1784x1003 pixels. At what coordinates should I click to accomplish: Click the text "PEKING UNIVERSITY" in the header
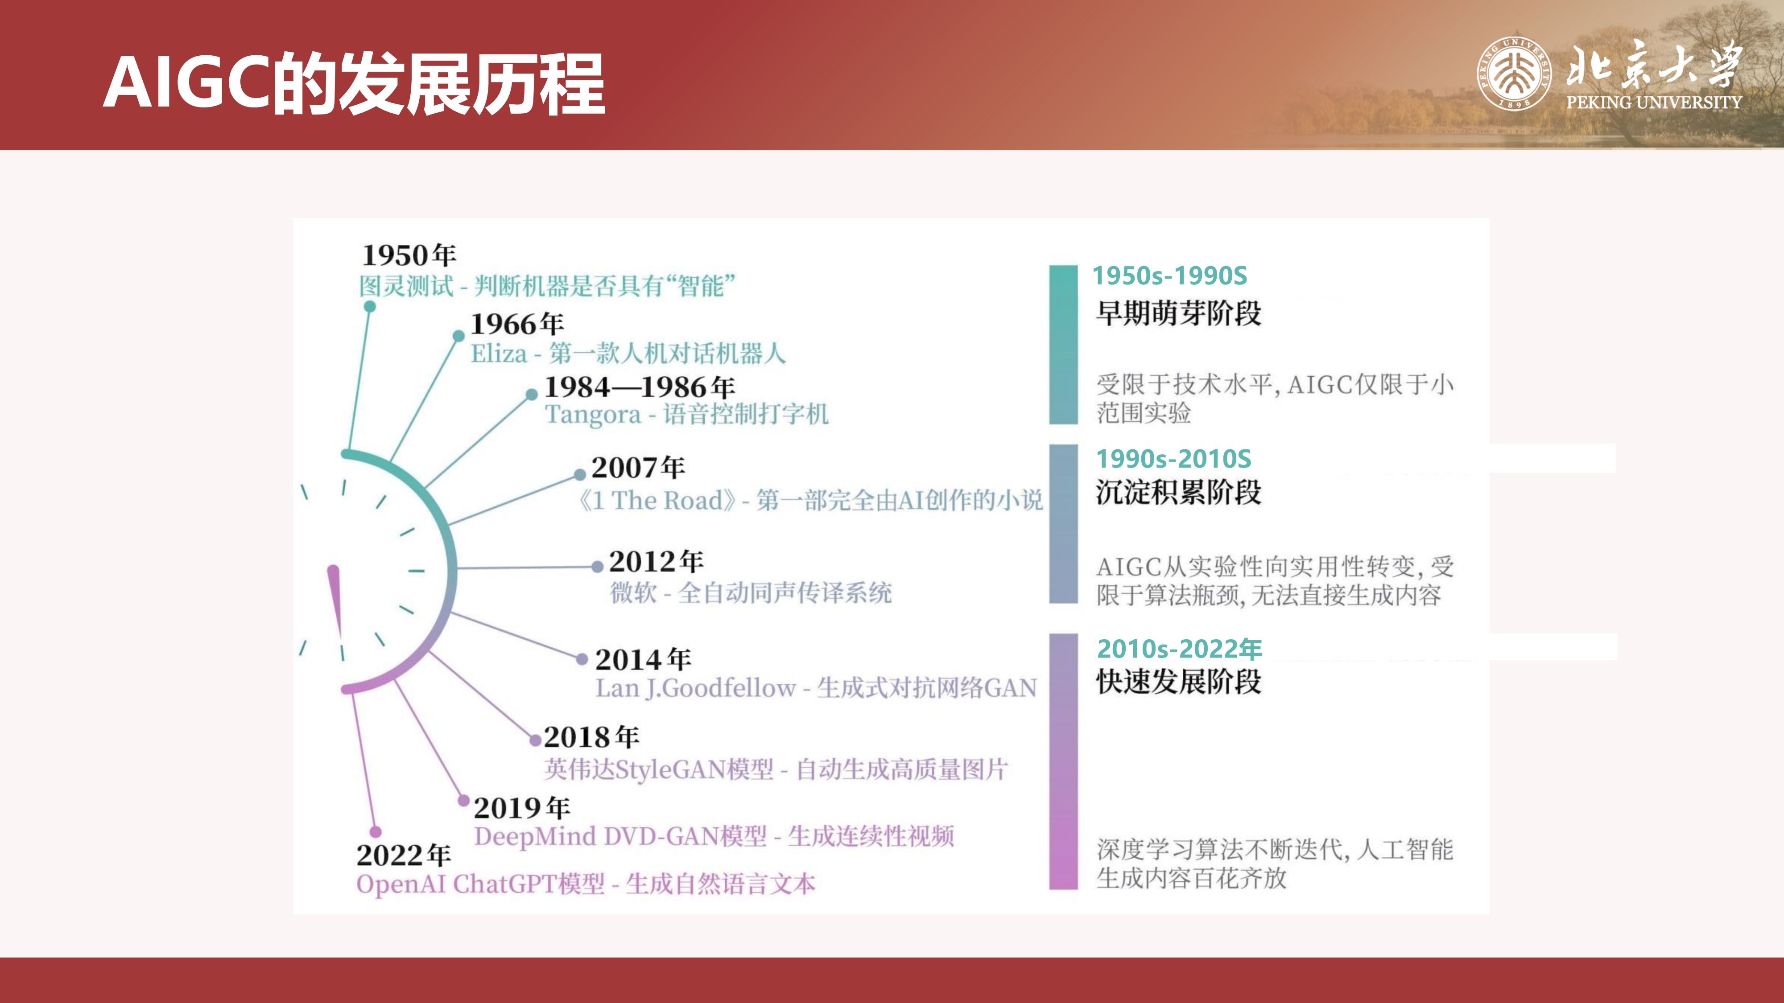1654,103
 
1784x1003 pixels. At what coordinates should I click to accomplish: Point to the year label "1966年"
517,323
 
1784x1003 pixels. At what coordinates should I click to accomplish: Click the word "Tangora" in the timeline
593,415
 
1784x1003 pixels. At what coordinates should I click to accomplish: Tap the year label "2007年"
638,467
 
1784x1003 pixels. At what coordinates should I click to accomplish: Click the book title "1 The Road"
657,500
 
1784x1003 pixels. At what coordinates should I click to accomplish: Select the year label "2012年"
656,561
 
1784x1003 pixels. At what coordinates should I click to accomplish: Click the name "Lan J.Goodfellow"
695,688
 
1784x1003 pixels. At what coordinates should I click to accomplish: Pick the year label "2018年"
591,737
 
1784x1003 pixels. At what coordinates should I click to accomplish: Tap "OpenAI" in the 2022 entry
401,884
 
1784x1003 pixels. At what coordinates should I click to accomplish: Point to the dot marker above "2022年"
376,831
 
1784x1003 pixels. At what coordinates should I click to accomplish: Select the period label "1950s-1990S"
1170,275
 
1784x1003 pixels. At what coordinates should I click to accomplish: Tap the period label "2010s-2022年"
1179,649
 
